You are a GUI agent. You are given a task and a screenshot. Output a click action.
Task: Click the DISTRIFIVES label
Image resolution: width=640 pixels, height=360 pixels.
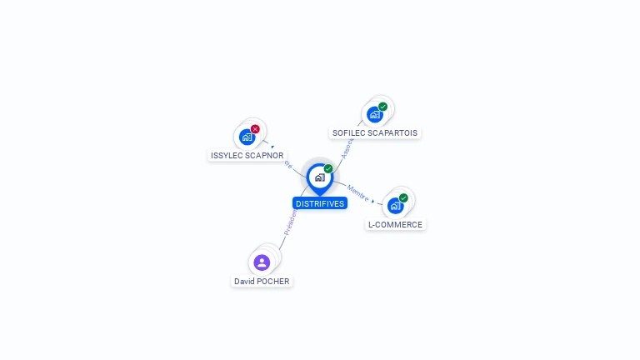pyautogui.click(x=319, y=203)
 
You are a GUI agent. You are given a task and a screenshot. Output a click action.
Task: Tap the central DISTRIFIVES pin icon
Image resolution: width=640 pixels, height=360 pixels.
pyautogui.click(x=319, y=177)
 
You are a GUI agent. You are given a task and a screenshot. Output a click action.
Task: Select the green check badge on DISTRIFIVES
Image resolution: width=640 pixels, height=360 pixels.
pyautogui.click(x=328, y=169)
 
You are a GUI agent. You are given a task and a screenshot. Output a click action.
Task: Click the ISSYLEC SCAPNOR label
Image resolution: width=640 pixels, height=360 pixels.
pyautogui.click(x=247, y=156)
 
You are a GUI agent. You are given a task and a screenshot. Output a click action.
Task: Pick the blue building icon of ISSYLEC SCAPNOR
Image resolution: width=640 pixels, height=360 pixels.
pyautogui.click(x=247, y=137)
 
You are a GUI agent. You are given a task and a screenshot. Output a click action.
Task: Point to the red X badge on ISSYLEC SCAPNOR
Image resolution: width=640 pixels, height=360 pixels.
pyautogui.click(x=255, y=129)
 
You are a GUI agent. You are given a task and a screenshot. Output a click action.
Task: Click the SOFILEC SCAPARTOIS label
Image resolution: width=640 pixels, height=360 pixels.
pyautogui.click(x=375, y=132)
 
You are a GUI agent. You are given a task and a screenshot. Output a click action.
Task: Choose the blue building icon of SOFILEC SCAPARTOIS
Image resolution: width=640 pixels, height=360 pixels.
pyautogui.click(x=374, y=114)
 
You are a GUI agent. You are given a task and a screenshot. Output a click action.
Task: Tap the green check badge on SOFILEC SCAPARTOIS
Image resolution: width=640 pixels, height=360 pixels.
pyautogui.click(x=382, y=107)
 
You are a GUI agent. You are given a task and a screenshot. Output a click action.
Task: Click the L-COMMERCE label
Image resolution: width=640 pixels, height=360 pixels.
pyautogui.click(x=395, y=224)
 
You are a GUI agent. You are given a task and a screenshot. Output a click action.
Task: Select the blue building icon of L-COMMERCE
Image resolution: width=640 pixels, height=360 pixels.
pyautogui.click(x=395, y=206)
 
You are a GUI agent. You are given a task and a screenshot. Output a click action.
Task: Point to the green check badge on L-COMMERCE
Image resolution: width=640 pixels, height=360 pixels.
pyautogui.click(x=403, y=198)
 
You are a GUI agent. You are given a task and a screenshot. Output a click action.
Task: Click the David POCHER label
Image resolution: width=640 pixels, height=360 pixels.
pyautogui.click(x=262, y=282)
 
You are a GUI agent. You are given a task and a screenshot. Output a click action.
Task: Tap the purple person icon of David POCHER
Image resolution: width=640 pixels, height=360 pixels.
pyautogui.click(x=262, y=262)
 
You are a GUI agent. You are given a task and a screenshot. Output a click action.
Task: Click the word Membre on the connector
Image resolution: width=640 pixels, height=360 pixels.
pyautogui.click(x=357, y=192)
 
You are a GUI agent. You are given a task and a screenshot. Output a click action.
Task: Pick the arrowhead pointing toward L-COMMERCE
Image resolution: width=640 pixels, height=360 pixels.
pyautogui.click(x=373, y=200)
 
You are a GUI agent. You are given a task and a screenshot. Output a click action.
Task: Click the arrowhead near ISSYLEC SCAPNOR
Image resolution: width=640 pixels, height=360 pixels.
pyautogui.click(x=272, y=147)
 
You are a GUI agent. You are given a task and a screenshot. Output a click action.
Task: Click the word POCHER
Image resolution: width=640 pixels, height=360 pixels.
pyautogui.click(x=273, y=282)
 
